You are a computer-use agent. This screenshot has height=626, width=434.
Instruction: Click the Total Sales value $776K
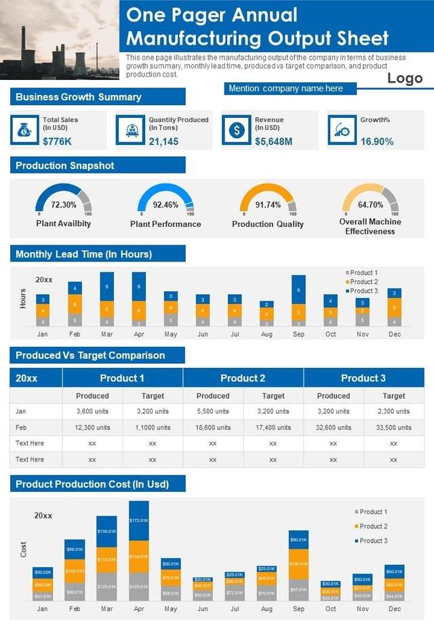[57, 142]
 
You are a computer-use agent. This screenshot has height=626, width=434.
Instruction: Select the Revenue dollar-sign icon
[236, 129]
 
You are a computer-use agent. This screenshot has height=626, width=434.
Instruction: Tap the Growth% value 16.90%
[377, 142]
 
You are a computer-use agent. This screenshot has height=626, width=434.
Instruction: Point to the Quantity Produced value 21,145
[163, 142]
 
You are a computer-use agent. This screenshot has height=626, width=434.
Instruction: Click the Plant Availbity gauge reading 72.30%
[64, 205]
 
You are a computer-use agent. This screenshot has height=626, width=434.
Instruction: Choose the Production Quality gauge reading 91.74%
[268, 205]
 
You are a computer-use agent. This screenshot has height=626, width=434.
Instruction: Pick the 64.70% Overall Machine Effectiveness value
[370, 205]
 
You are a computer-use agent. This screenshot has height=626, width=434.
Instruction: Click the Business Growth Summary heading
[79, 97]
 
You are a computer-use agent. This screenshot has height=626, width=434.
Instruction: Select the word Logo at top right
[405, 79]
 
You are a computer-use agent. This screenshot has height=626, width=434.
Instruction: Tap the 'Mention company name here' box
[286, 89]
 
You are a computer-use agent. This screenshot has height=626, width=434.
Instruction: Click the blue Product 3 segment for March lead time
[107, 286]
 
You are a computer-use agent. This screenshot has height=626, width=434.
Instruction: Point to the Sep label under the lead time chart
[298, 334]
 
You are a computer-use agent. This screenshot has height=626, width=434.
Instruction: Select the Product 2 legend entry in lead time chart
[363, 282]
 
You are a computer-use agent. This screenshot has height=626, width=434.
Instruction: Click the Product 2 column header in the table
[243, 378]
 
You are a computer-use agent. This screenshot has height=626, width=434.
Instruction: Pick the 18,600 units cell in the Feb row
[213, 427]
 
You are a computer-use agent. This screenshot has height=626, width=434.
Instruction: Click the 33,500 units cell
[393, 427]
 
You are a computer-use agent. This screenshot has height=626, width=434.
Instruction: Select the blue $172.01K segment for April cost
[138, 520]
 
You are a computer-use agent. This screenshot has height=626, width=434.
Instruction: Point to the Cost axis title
[24, 549]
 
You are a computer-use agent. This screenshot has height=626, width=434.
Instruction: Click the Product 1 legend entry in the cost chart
[372, 512]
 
